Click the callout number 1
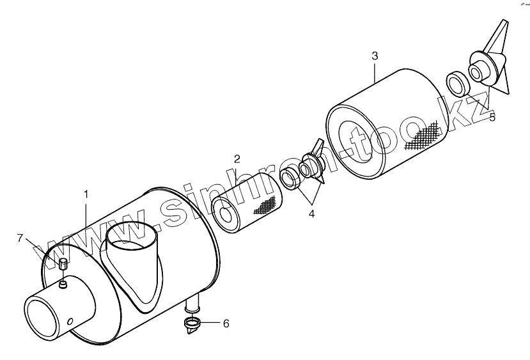click(86, 192)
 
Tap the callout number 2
click(236, 159)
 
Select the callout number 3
click(375, 56)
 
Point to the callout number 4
click(311, 214)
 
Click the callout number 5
click(492, 117)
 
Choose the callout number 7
click(20, 238)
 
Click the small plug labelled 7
click(63, 265)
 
